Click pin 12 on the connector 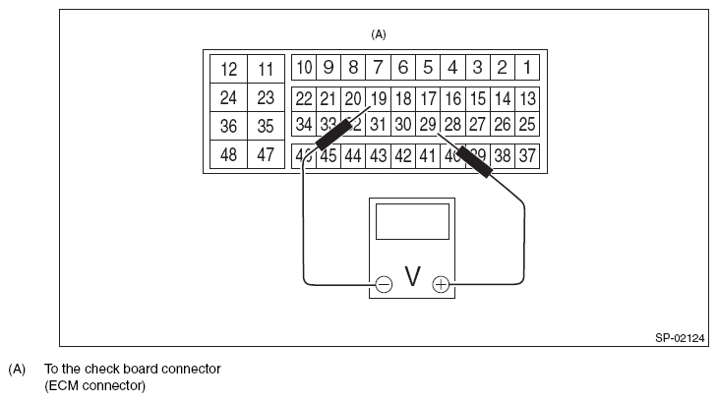229,70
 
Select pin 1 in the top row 527,68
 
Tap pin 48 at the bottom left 229,155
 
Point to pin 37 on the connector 527,155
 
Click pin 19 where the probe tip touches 379,98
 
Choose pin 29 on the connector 428,125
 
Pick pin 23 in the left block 266,98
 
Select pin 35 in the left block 266,126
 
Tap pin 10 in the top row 304,68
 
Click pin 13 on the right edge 527,98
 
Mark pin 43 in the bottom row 379,155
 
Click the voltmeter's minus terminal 384,285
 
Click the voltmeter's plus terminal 441,285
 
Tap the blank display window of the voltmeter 412,223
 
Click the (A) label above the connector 379,33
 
